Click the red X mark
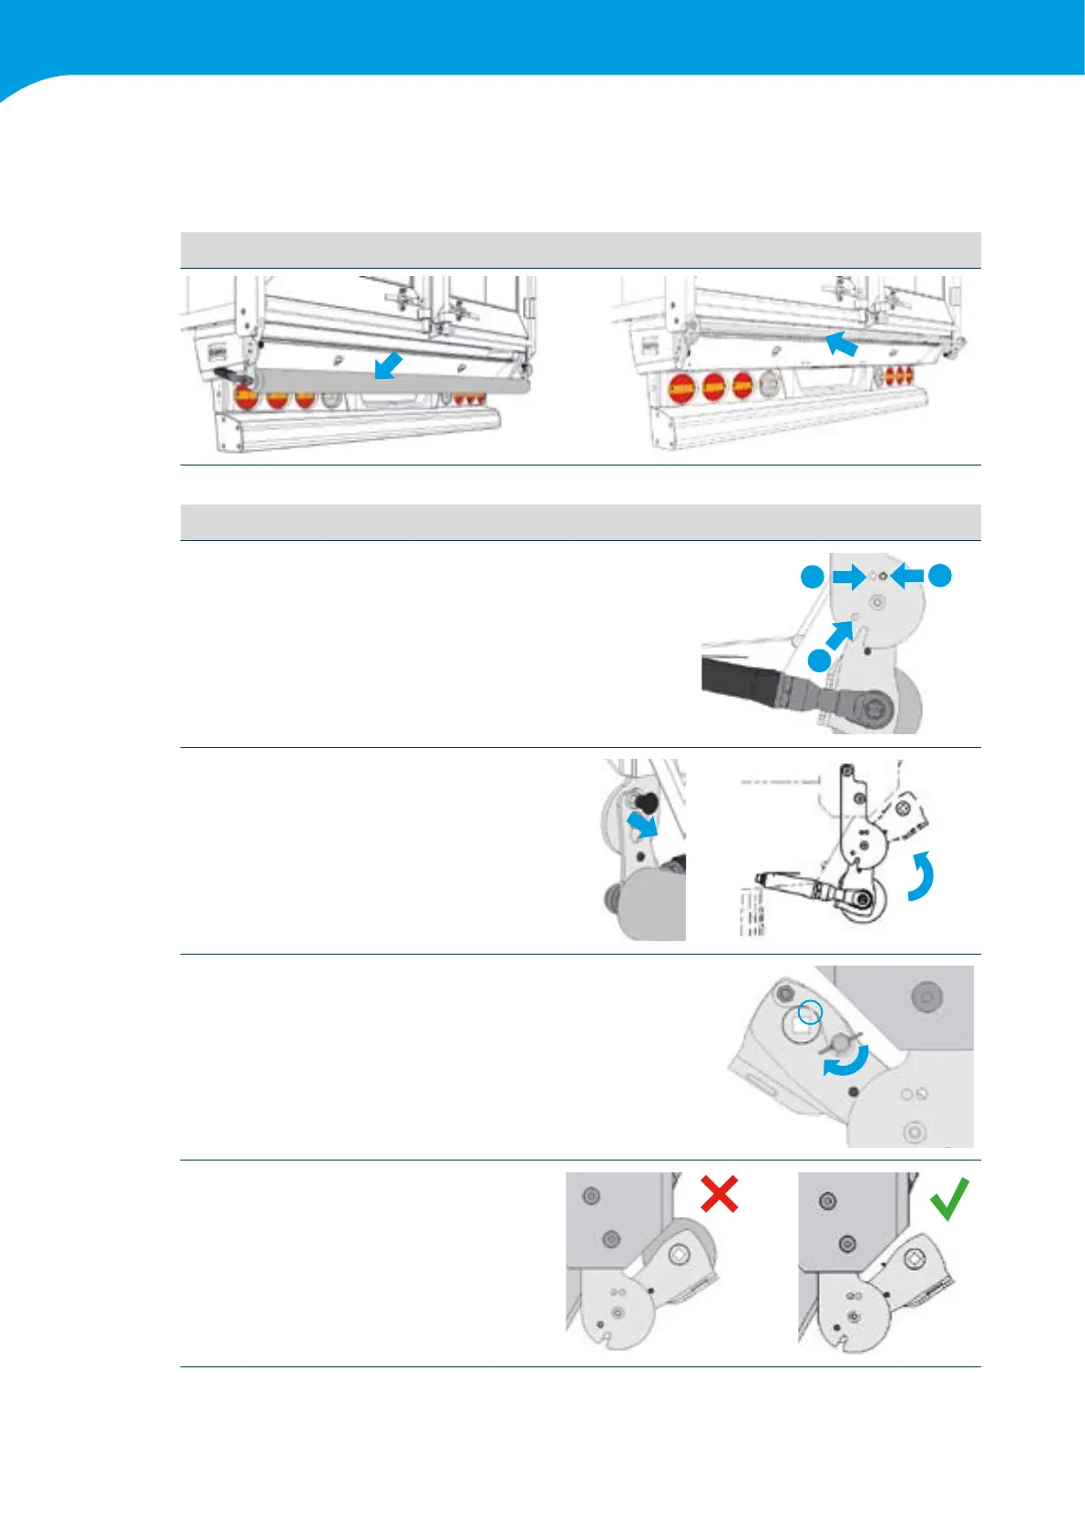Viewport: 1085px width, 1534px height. (720, 1193)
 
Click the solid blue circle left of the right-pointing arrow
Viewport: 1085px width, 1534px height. (813, 576)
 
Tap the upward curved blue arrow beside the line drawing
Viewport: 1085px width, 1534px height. (922, 875)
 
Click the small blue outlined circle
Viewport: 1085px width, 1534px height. (810, 1012)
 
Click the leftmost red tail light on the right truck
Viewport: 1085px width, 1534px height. (682, 389)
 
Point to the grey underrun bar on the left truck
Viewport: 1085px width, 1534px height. (392, 383)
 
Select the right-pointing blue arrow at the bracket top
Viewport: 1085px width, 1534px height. (849, 576)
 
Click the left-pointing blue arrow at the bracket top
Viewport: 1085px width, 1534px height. (907, 575)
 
